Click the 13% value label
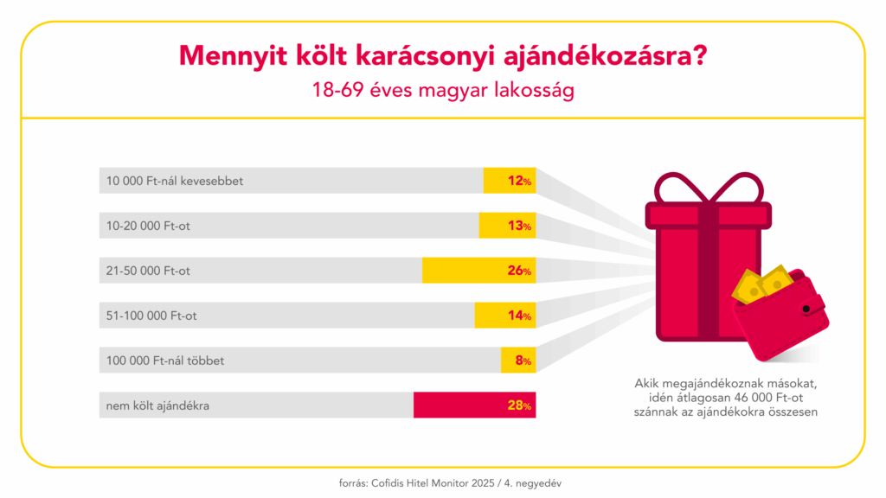click(519, 226)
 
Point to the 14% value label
click(519, 316)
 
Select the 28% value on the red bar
click(519, 405)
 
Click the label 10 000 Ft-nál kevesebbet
click(174, 182)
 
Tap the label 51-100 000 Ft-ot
click(151, 316)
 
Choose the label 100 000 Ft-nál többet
click(164, 361)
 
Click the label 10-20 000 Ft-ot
click(148, 227)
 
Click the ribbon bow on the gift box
click(709, 190)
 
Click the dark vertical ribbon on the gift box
click(709, 277)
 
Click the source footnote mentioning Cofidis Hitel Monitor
click(443, 482)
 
